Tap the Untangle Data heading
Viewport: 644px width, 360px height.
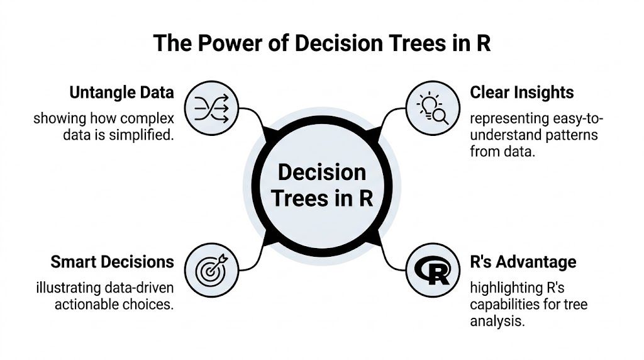(x=121, y=93)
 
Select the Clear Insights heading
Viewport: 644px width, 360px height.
(x=522, y=93)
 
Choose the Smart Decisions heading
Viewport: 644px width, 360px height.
(x=112, y=261)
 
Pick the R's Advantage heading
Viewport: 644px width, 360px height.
(x=523, y=261)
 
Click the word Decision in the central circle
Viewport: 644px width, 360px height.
(x=321, y=172)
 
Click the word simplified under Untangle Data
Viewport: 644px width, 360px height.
(x=146, y=135)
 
